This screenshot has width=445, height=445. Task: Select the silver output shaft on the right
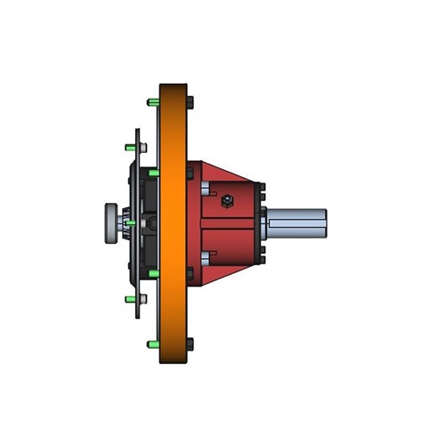(297, 223)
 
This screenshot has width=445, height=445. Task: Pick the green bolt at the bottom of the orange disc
(154, 343)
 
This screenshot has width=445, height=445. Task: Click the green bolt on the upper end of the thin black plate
(131, 147)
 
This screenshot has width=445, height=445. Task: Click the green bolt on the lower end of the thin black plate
(131, 298)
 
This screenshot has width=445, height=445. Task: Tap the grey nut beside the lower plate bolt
(141, 299)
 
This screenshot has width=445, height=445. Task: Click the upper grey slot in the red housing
(206, 188)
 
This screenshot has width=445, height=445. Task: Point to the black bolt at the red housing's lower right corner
(263, 259)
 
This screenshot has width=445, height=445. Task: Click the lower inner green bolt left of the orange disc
(153, 272)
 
